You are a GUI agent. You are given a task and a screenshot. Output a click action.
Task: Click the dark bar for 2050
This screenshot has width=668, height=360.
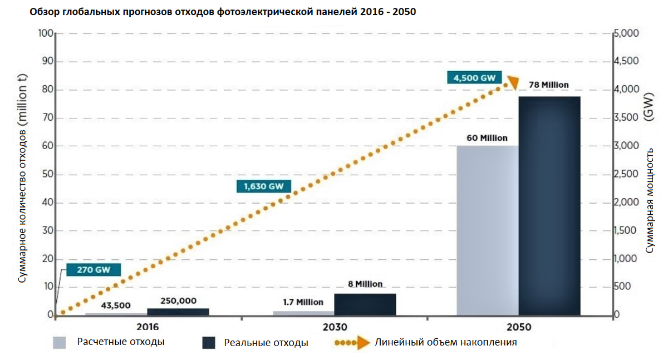(549, 206)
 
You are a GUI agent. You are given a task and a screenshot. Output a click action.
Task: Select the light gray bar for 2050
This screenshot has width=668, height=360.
(487, 230)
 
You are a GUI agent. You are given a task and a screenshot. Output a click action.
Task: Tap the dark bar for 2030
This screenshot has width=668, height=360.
(365, 304)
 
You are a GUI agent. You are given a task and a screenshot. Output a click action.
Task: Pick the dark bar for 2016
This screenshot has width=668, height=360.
(178, 312)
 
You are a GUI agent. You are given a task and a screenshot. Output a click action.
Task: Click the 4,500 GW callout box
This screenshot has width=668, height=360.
(474, 78)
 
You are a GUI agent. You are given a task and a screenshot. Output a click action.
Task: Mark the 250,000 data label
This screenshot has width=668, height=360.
(178, 300)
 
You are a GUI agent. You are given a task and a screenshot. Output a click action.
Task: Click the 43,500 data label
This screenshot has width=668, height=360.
(116, 305)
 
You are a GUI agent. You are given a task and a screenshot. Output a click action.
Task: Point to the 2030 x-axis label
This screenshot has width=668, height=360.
(334, 327)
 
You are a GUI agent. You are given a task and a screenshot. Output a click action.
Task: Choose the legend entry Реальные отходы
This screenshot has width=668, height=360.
(266, 343)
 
